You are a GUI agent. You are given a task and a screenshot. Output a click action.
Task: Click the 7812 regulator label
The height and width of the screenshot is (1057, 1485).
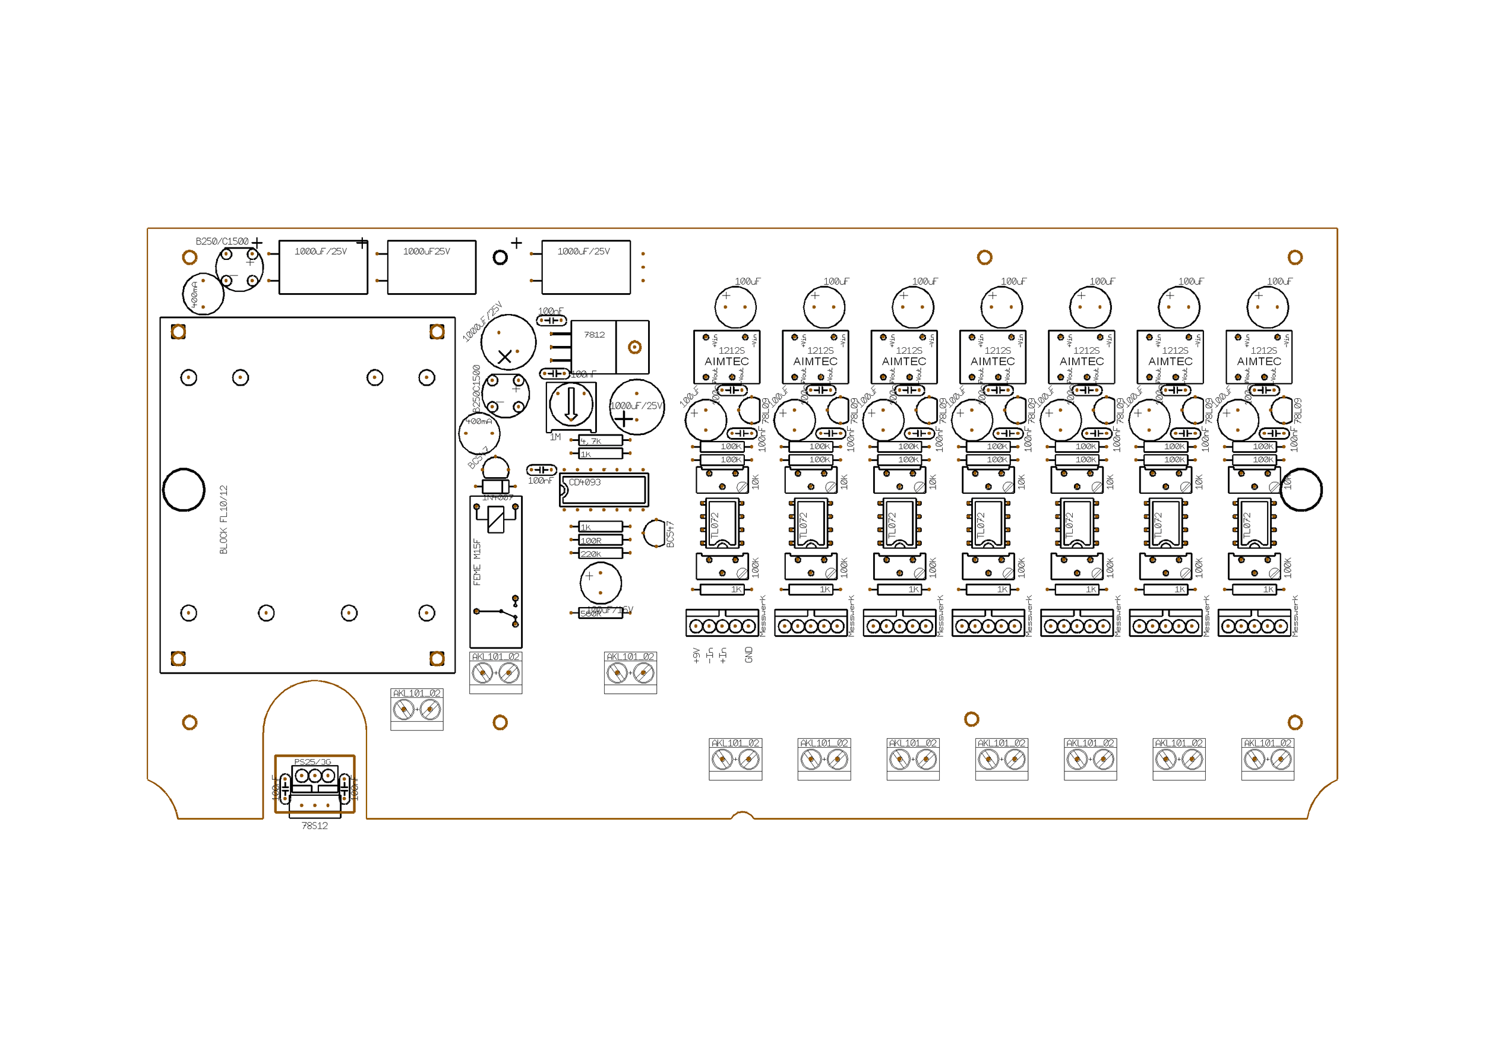(594, 335)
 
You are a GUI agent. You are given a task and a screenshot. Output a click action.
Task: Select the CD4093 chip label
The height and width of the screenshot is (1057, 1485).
(584, 483)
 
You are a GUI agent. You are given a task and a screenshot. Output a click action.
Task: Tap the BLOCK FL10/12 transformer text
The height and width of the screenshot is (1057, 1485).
(224, 519)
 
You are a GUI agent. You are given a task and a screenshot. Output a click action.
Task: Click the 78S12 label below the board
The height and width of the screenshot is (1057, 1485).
(315, 826)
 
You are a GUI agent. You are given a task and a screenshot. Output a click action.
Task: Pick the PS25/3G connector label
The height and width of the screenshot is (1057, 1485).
(312, 761)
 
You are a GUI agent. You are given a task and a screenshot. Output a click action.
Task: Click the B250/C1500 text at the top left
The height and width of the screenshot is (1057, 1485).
(222, 242)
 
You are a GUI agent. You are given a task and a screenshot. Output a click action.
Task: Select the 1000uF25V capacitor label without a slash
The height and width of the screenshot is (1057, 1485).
(426, 251)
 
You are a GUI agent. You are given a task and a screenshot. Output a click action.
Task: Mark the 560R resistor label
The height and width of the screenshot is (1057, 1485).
(590, 614)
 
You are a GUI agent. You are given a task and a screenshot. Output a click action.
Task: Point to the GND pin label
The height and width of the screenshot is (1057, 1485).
(749, 655)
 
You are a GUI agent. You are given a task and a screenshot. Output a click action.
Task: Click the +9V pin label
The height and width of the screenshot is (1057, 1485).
(696, 655)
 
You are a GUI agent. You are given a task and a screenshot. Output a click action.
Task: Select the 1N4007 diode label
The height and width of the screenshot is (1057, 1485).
(498, 498)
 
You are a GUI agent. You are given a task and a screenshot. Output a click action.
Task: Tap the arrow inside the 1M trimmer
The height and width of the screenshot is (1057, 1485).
(571, 404)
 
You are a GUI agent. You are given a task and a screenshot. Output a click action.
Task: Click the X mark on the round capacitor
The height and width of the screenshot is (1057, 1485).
(505, 357)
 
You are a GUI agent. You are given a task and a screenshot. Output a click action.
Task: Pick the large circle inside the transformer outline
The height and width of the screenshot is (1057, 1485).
(184, 490)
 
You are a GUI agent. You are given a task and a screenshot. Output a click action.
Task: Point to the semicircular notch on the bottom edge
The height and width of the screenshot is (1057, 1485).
(742, 815)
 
